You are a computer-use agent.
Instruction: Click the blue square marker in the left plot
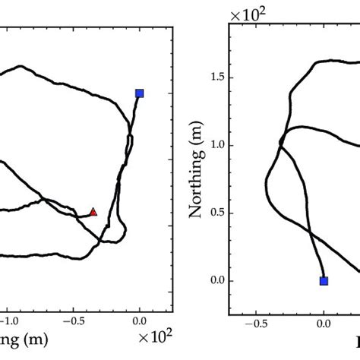click(139, 93)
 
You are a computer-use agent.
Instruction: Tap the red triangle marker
click(93, 212)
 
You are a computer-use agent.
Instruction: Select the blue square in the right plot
click(324, 280)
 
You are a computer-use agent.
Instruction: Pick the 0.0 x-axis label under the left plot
click(139, 322)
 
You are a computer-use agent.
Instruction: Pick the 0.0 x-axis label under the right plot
click(324, 324)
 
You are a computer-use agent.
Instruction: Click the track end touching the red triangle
click(89, 215)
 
